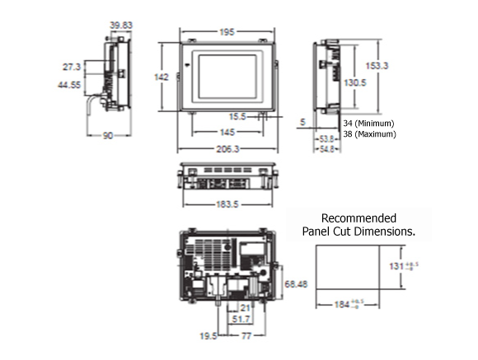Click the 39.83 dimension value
(x=119, y=26)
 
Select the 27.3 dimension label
(x=71, y=66)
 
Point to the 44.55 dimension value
(x=69, y=84)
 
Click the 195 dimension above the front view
(x=227, y=33)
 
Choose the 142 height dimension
(x=162, y=77)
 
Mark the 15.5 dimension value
(x=239, y=116)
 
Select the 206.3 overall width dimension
(x=227, y=149)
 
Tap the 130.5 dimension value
(x=355, y=83)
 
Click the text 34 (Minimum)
(x=368, y=123)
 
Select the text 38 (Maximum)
(x=369, y=133)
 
